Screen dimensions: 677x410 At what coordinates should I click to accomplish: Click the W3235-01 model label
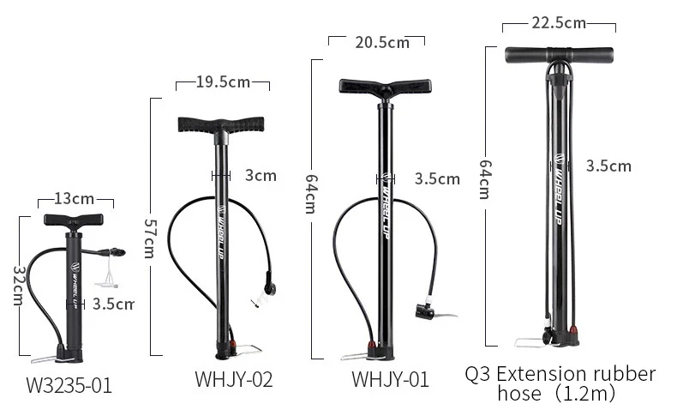pos(69,385)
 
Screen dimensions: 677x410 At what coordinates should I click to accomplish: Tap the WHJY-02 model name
pos(234,379)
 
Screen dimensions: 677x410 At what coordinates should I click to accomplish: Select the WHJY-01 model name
pos(390,379)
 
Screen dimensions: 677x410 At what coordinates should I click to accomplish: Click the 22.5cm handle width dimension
pos(559,22)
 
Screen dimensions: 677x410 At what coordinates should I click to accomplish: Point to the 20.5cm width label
pos(382,42)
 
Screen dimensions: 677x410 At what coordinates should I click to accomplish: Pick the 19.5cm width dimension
pos(223,81)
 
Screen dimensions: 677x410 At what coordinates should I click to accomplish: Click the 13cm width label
pos(74,199)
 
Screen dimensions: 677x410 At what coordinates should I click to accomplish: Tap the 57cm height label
pos(149,238)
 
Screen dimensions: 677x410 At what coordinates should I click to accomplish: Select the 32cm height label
pos(18,286)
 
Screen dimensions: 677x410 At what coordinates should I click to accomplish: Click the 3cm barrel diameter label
pos(261,175)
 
